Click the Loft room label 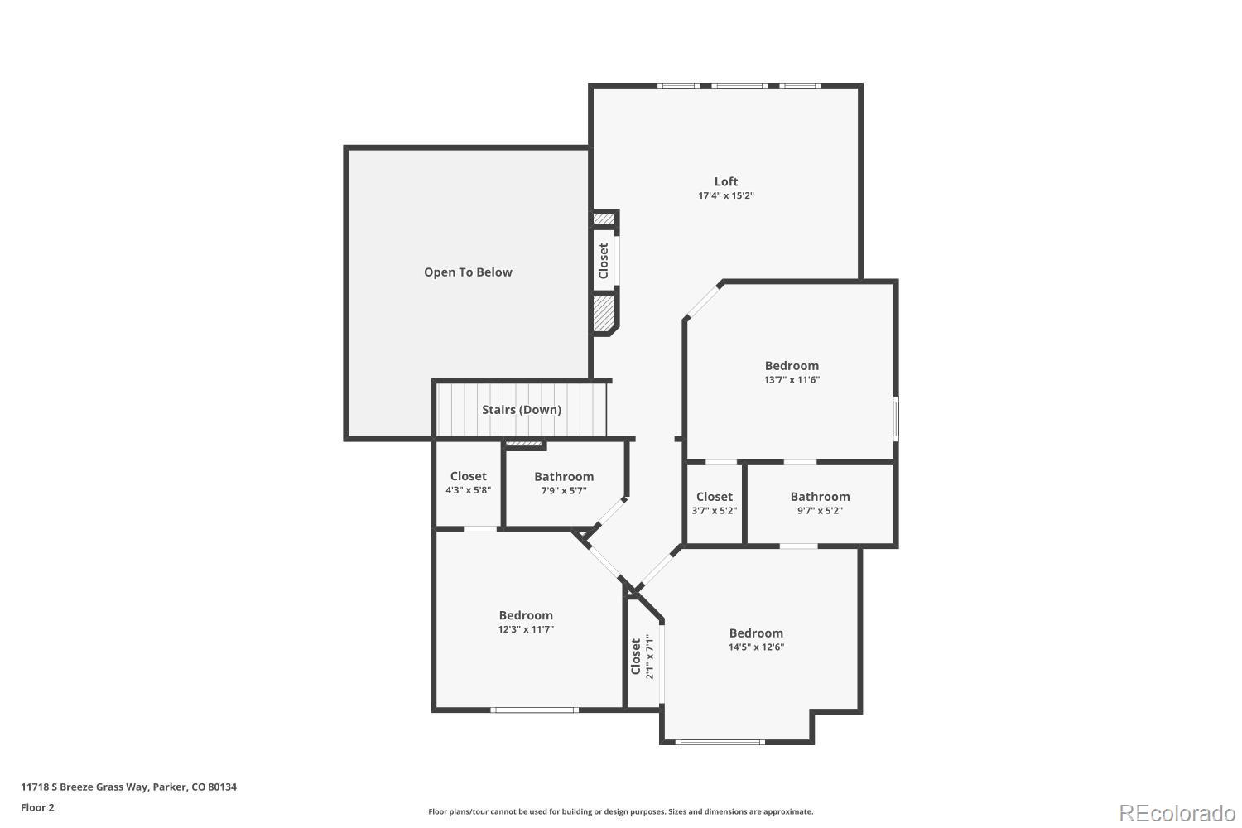pos(726,181)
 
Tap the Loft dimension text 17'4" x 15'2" pos(726,196)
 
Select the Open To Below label pos(468,272)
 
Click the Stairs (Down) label pos(522,410)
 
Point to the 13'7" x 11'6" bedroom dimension pos(792,380)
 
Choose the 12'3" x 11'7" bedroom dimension pos(526,629)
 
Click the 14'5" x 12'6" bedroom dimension pos(756,647)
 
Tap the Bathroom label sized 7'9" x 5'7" pos(564,477)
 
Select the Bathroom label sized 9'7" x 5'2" pos(820,497)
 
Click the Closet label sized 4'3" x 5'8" pos(468,476)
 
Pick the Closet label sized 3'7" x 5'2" pos(714,497)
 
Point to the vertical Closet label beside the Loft pos(604,261)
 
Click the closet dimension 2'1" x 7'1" pos(649,657)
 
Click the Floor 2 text pos(37,807)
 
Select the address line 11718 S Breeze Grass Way pos(128,787)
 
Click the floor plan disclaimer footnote pos(620,812)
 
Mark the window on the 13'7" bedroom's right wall pos(895,418)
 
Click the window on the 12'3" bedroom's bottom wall pos(534,710)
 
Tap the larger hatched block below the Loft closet pos(604,313)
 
